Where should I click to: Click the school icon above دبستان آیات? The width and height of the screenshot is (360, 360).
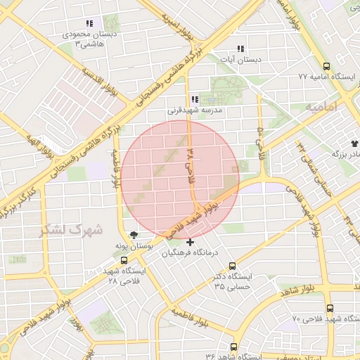click(240, 49)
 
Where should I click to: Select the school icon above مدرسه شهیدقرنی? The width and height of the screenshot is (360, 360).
click(194, 100)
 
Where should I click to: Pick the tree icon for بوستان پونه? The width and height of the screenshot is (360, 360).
click(134, 235)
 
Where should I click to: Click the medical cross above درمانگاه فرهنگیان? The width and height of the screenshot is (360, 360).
click(191, 243)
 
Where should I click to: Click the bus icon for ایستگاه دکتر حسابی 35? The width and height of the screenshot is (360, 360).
click(245, 266)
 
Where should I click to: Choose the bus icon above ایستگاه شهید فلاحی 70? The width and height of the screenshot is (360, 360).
click(330, 308)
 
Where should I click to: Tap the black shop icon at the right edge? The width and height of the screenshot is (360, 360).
click(354, 142)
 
